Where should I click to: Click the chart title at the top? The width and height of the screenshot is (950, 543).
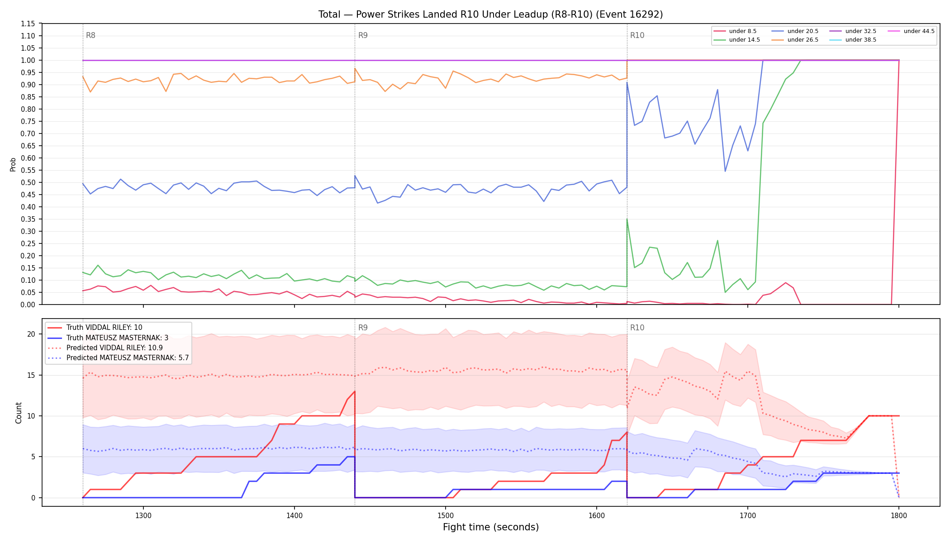point(490,14)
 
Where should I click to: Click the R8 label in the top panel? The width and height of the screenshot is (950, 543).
point(90,35)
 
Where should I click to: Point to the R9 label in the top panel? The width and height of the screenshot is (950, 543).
point(363,35)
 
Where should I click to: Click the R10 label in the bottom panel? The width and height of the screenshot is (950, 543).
point(637,328)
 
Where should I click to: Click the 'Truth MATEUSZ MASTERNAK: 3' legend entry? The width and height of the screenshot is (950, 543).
point(117,338)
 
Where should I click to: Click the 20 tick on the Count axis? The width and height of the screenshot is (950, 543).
point(31,334)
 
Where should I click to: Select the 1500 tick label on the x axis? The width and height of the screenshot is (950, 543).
point(446,515)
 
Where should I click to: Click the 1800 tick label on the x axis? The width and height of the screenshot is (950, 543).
point(899,515)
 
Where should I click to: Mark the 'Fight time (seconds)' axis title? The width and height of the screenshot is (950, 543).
point(491,527)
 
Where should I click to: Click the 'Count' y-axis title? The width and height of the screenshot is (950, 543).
point(19,413)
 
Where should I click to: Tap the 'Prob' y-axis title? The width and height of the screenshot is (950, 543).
point(13,164)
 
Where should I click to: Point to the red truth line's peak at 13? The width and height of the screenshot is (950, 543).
point(355,391)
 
